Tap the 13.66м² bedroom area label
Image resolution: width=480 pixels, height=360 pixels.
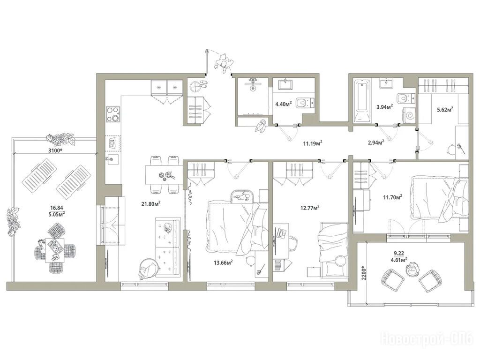(x=224, y=262)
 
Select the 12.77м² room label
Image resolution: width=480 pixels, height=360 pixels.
(x=310, y=208)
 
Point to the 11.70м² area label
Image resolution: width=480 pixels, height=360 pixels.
(x=393, y=197)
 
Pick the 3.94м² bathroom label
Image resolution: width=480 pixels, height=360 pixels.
(x=384, y=107)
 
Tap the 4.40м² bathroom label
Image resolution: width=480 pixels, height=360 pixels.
(x=284, y=104)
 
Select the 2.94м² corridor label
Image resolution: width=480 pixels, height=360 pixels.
(x=376, y=142)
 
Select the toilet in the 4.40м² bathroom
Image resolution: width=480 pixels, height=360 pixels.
(x=305, y=102)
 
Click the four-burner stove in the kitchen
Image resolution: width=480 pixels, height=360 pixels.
(x=112, y=114)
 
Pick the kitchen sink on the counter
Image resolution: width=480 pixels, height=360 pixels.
(x=112, y=159)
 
